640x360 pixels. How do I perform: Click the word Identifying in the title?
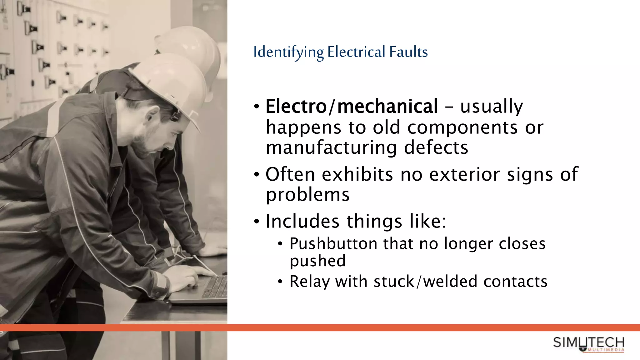click(288, 52)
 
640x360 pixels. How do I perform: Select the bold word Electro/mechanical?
click(352, 106)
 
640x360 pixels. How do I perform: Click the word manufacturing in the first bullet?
click(331, 147)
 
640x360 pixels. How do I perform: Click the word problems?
click(307, 195)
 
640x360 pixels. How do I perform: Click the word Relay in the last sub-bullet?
click(309, 281)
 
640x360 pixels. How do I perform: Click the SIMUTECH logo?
click(589, 344)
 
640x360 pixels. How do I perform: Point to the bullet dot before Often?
click(257, 174)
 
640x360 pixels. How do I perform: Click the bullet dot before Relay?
click(280, 282)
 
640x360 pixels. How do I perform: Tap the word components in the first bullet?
click(462, 127)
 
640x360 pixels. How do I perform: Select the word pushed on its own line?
click(317, 261)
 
